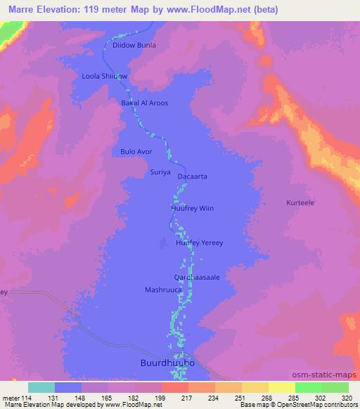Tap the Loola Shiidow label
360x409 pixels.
(105, 76)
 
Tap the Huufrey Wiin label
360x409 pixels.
(191, 208)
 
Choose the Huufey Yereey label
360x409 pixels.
(199, 243)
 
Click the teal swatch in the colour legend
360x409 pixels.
(41, 387)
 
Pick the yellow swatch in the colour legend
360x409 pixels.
(281, 387)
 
